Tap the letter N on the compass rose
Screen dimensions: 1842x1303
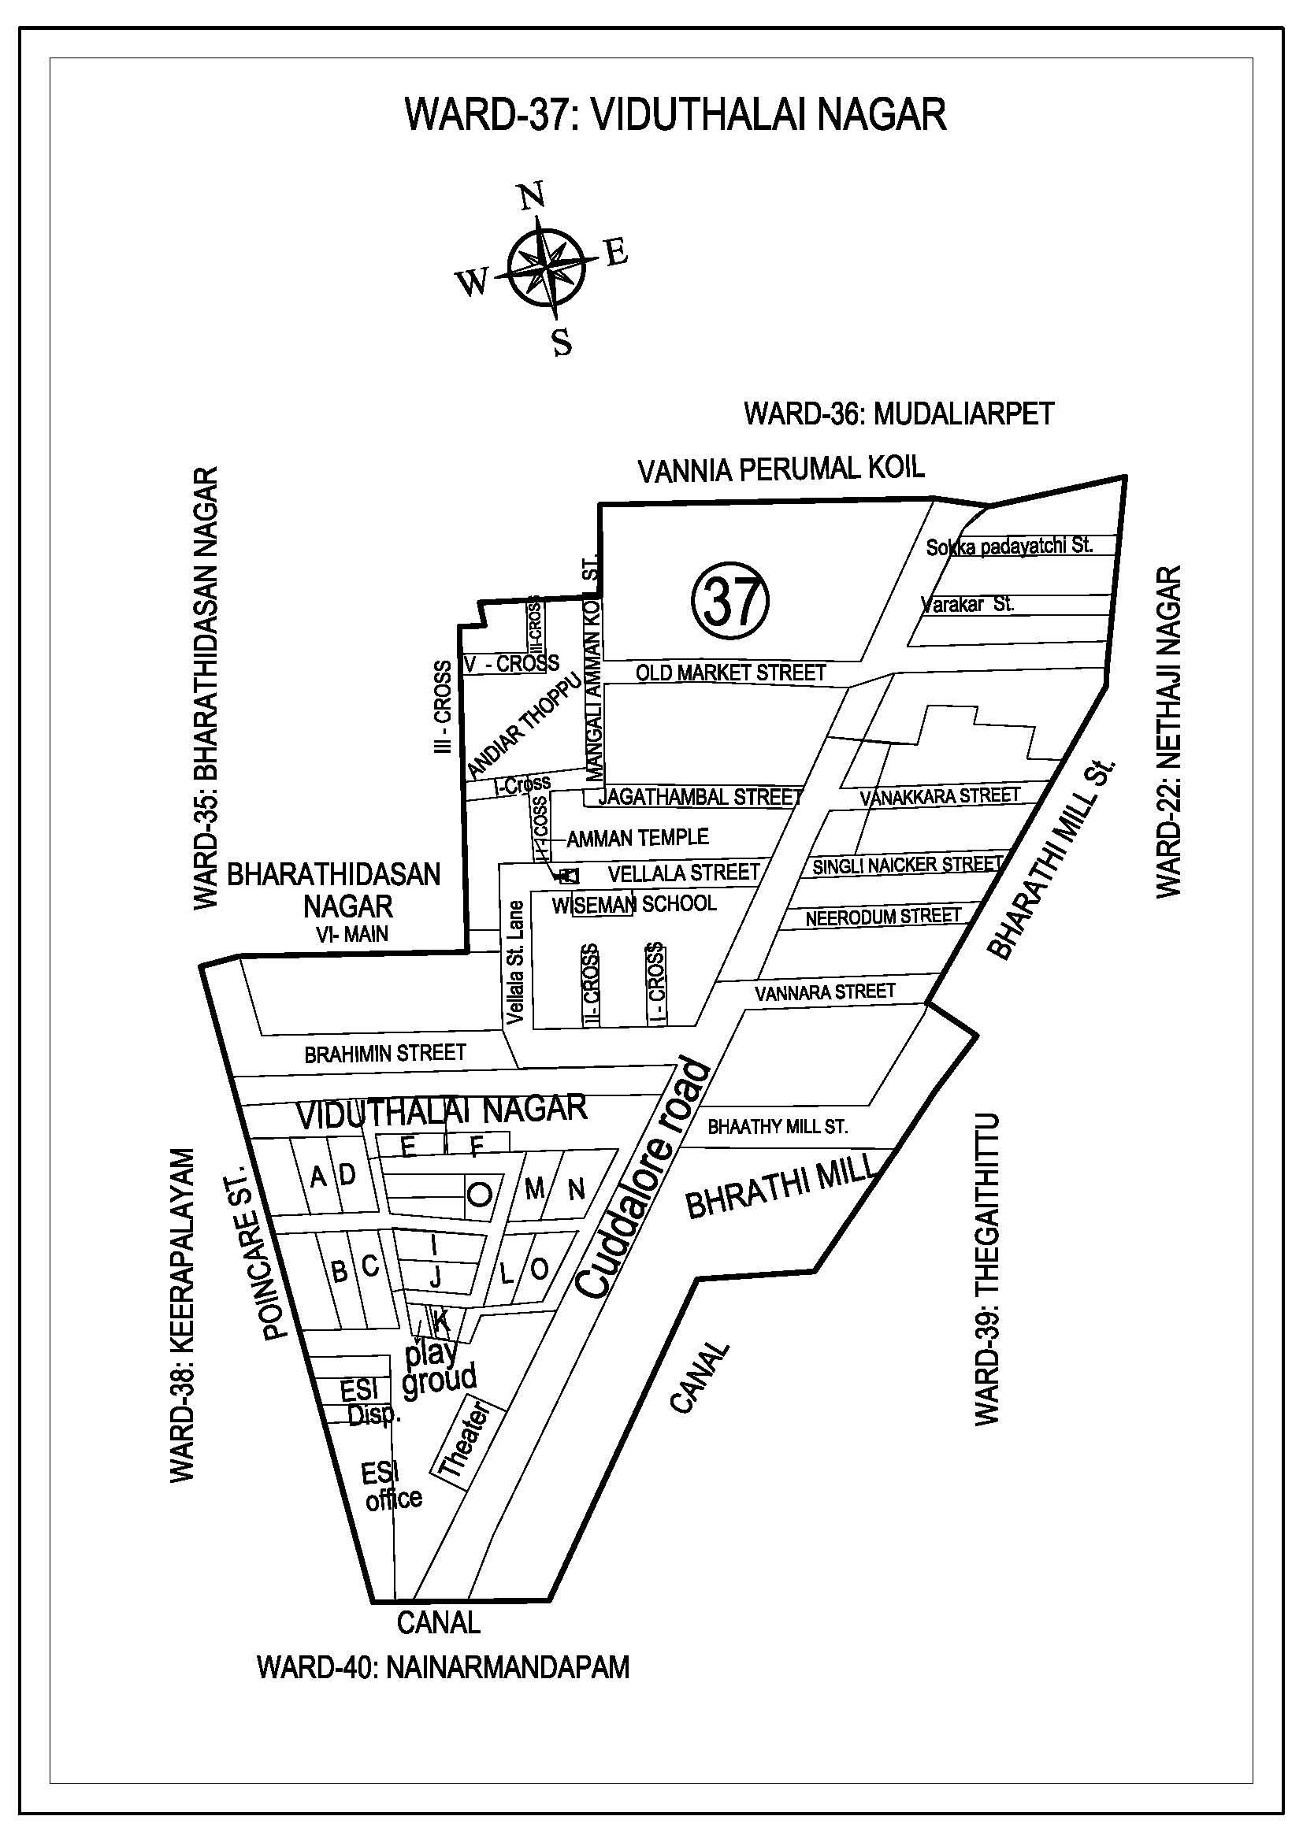click(x=530, y=196)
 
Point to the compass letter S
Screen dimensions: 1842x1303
click(x=562, y=343)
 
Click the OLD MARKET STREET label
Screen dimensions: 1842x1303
click(x=730, y=673)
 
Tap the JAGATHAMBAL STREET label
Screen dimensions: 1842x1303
click(x=700, y=798)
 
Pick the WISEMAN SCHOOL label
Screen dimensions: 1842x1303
click(x=634, y=904)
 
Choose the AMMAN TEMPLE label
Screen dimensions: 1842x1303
click(x=638, y=839)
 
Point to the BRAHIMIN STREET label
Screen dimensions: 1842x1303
click(x=385, y=1054)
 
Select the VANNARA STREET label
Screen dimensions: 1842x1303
click(x=825, y=993)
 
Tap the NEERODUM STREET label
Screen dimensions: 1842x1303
click(x=882, y=917)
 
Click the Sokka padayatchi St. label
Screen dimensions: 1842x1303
click(x=1009, y=547)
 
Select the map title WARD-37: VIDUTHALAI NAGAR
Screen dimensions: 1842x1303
click(x=676, y=114)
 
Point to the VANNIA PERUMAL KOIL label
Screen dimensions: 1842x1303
click(x=781, y=469)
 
